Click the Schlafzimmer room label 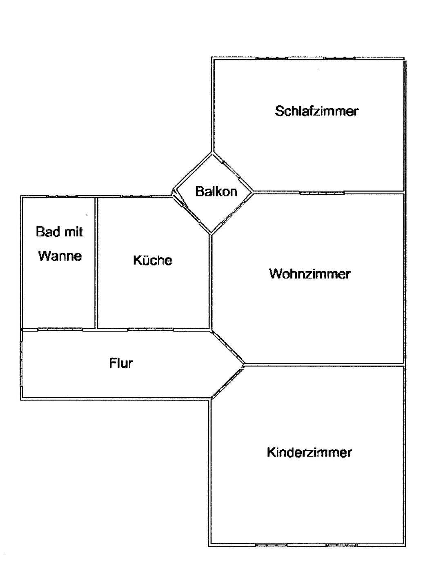coord(316,111)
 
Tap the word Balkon coord(216,192)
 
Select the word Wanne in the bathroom coord(60,256)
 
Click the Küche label coord(152,260)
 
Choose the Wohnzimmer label coord(309,274)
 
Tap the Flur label coord(121,363)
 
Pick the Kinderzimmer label coord(309,452)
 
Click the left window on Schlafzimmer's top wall coord(272,58)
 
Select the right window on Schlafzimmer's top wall coord(339,58)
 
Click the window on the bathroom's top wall coord(62,196)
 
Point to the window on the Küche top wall coord(136,196)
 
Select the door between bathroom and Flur coord(60,330)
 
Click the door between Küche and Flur coord(151,330)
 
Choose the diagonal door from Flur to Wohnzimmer coord(228,347)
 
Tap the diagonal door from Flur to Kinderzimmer coord(228,382)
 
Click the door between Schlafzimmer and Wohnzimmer coord(321,193)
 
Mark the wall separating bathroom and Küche coord(96,263)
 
